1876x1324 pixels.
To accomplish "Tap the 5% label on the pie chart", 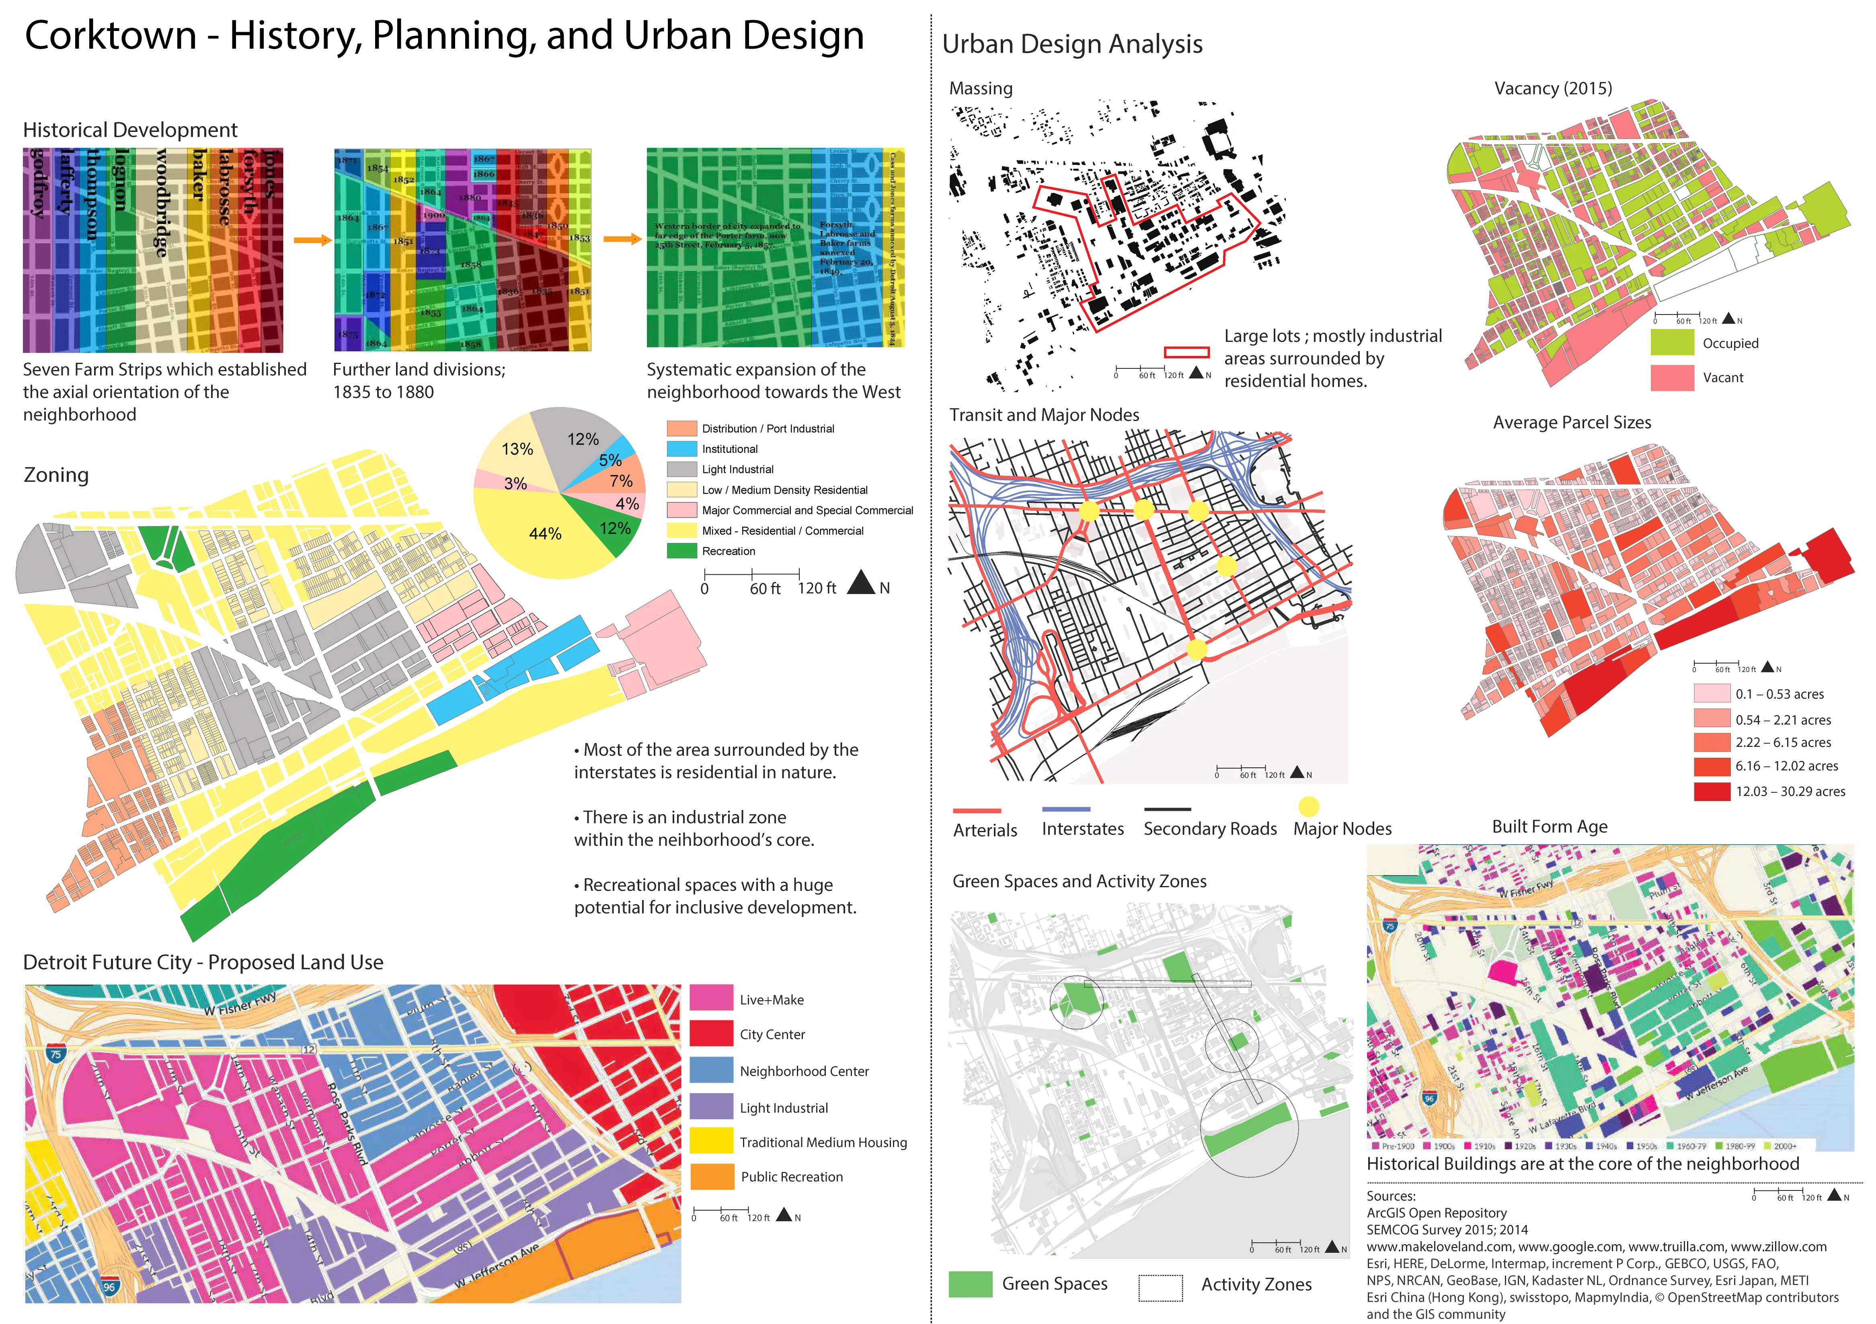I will [610, 460].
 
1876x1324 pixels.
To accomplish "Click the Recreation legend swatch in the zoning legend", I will [681, 551].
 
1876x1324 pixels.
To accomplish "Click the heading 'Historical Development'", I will [130, 130].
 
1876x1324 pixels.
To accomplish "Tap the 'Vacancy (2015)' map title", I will [1552, 88].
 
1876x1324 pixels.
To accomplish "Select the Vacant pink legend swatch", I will [1672, 378].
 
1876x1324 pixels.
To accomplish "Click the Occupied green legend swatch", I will [1672, 342].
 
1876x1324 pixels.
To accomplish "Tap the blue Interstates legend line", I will [1066, 810].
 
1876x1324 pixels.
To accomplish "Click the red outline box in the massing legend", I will [1186, 352].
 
